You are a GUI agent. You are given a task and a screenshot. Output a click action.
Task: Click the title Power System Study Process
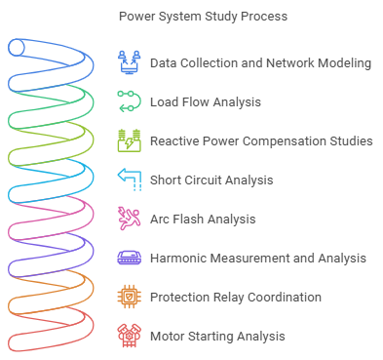203,17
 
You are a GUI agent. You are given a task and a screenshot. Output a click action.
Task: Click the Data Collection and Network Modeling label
260,63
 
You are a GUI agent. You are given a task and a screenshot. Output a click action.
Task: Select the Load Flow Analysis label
205,101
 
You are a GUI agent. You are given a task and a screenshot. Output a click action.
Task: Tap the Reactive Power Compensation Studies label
261,140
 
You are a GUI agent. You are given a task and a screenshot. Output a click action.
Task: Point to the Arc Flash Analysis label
203,219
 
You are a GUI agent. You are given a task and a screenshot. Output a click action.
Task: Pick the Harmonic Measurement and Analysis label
257,258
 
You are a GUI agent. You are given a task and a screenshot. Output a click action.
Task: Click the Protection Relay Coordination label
235,297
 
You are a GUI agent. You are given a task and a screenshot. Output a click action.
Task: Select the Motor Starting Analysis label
217,336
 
